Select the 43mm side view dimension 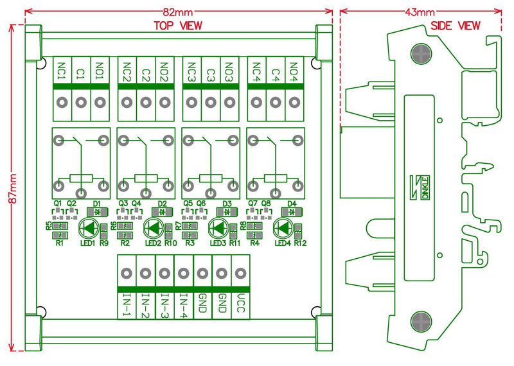tap(420, 12)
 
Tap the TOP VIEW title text tap(177, 26)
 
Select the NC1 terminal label tap(62, 69)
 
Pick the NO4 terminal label tap(294, 69)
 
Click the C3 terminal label tap(210, 69)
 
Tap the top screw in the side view tap(421, 53)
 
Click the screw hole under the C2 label tap(146, 102)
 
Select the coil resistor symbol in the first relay tap(82, 179)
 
